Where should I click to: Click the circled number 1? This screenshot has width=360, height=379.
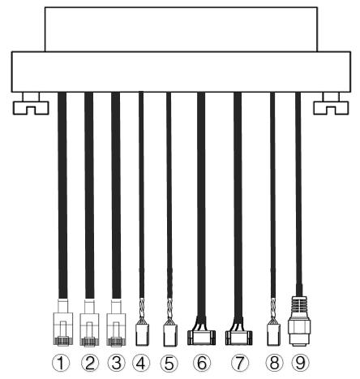coord(61,363)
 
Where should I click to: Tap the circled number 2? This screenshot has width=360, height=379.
coord(90,363)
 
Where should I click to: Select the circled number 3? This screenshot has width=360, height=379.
coord(116,363)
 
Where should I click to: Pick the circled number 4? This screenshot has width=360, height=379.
coord(141,363)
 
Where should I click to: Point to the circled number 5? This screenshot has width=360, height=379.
coord(169,363)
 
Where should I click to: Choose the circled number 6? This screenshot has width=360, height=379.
coord(202,363)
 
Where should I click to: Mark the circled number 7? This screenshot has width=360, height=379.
coord(240,363)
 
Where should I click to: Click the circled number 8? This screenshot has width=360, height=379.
coord(274,363)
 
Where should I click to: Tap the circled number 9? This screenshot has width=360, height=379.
coord(300,363)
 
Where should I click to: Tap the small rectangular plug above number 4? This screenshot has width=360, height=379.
coord(142,334)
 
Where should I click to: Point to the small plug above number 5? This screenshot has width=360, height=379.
coord(170,335)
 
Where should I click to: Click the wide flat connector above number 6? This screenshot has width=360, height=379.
coord(201,338)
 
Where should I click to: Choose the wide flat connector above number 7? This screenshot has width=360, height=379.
coord(239,338)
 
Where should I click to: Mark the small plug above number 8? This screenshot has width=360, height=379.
coord(273,334)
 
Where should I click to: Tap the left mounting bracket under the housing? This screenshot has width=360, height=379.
coord(31,104)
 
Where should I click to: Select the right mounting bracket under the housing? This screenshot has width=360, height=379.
coord(331,104)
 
